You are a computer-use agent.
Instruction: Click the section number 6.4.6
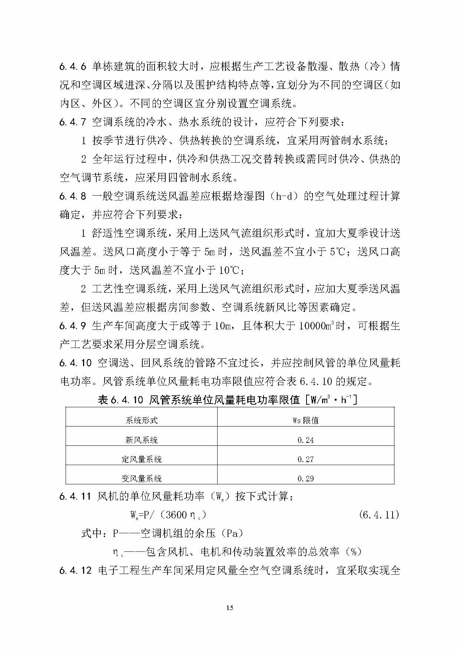pyautogui.click(x=73, y=67)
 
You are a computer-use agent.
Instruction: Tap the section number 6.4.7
pyautogui.click(x=73, y=122)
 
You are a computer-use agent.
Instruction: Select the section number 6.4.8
pyautogui.click(x=73, y=196)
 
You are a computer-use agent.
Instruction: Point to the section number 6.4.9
pyautogui.click(x=73, y=326)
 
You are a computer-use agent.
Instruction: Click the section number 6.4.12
pyautogui.click(x=75, y=570)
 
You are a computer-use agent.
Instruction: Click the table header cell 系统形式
pyautogui.click(x=142, y=420)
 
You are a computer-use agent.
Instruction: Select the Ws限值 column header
pyautogui.click(x=305, y=420)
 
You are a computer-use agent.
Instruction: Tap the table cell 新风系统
pyautogui.click(x=142, y=440)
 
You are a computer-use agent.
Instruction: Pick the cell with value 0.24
pyautogui.click(x=305, y=440)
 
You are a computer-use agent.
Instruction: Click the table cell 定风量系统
pyautogui.click(x=142, y=459)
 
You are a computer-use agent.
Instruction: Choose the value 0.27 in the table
pyautogui.click(x=305, y=459)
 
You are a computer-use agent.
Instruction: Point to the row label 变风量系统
pyautogui.click(x=142, y=478)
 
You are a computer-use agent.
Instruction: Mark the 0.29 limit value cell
pyautogui.click(x=305, y=478)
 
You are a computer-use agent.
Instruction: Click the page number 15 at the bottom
pyautogui.click(x=230, y=607)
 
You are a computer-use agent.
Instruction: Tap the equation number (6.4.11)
pyautogui.click(x=379, y=515)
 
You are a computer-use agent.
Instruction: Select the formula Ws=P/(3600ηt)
pyautogui.click(x=168, y=515)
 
